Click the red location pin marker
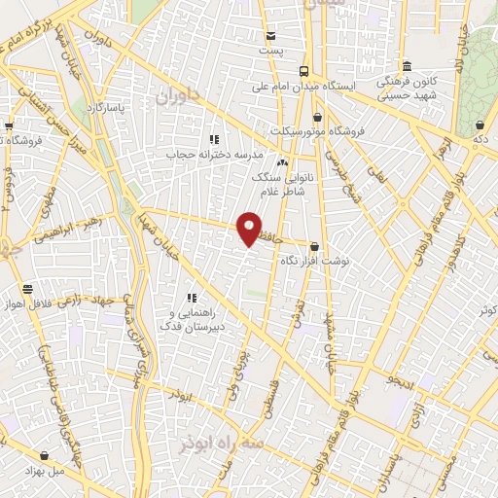coord(249,229)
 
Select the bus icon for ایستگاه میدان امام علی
coord(304,71)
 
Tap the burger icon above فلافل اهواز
coord(27,288)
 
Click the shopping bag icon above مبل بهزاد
coord(45,455)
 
